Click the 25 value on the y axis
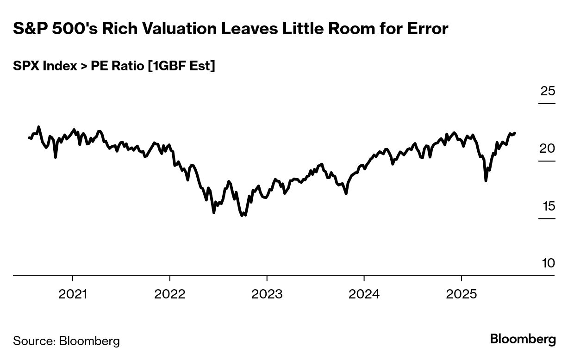tap(548, 91)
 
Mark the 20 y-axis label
tap(548, 149)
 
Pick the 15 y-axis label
tap(549, 206)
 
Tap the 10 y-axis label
tap(548, 263)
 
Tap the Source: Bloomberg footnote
tap(66, 341)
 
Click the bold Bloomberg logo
tap(523, 339)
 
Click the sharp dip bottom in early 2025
tap(486, 180)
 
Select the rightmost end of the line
tap(515, 133)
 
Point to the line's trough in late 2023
tap(346, 193)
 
